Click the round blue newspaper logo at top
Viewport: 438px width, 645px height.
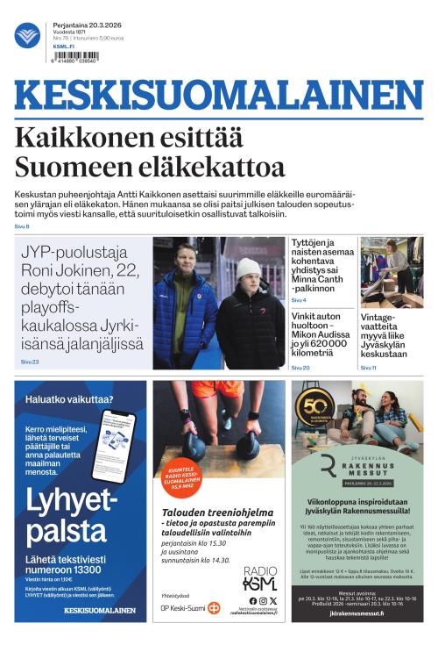pyautogui.click(x=27, y=35)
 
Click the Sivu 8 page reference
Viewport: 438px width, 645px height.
pyautogui.click(x=22, y=226)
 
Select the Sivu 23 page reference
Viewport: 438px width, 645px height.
pyautogui.click(x=30, y=361)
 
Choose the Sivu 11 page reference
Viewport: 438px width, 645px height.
pyautogui.click(x=368, y=367)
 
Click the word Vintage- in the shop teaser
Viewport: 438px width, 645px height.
pyautogui.click(x=379, y=318)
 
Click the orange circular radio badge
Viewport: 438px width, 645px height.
pyautogui.click(x=181, y=479)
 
